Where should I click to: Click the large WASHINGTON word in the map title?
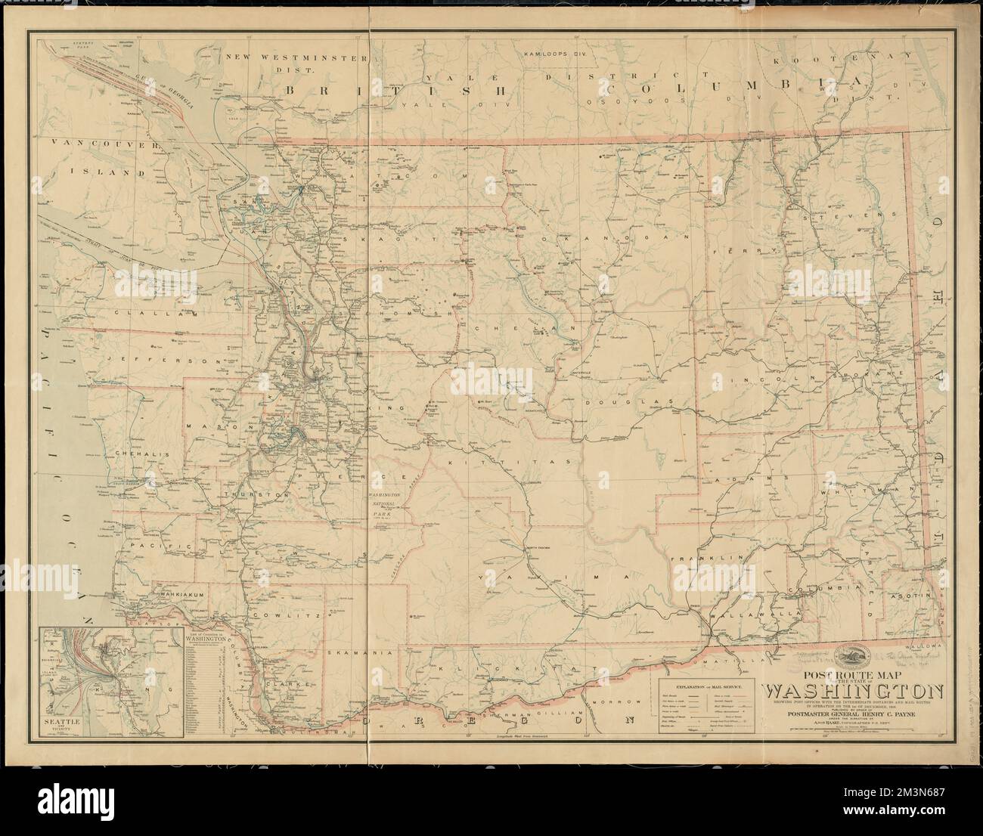[x=852, y=691]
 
